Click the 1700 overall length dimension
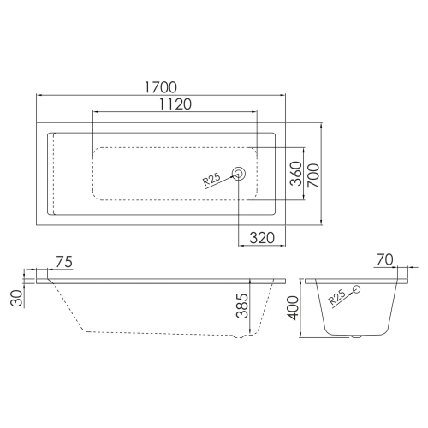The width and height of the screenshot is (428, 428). pos(161,87)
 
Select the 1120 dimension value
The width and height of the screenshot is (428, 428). pos(175,104)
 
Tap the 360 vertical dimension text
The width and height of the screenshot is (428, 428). pos(296,174)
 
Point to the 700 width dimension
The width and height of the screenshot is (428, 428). pos(313,175)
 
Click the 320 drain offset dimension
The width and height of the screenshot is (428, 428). pos(262,238)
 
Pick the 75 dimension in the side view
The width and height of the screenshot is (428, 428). pos(64,262)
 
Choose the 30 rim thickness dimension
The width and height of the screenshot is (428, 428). pos(16,298)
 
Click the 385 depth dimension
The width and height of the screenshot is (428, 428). pos(242,306)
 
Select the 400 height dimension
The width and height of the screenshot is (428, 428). pos(293,308)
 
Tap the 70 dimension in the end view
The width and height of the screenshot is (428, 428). pos(385,260)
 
